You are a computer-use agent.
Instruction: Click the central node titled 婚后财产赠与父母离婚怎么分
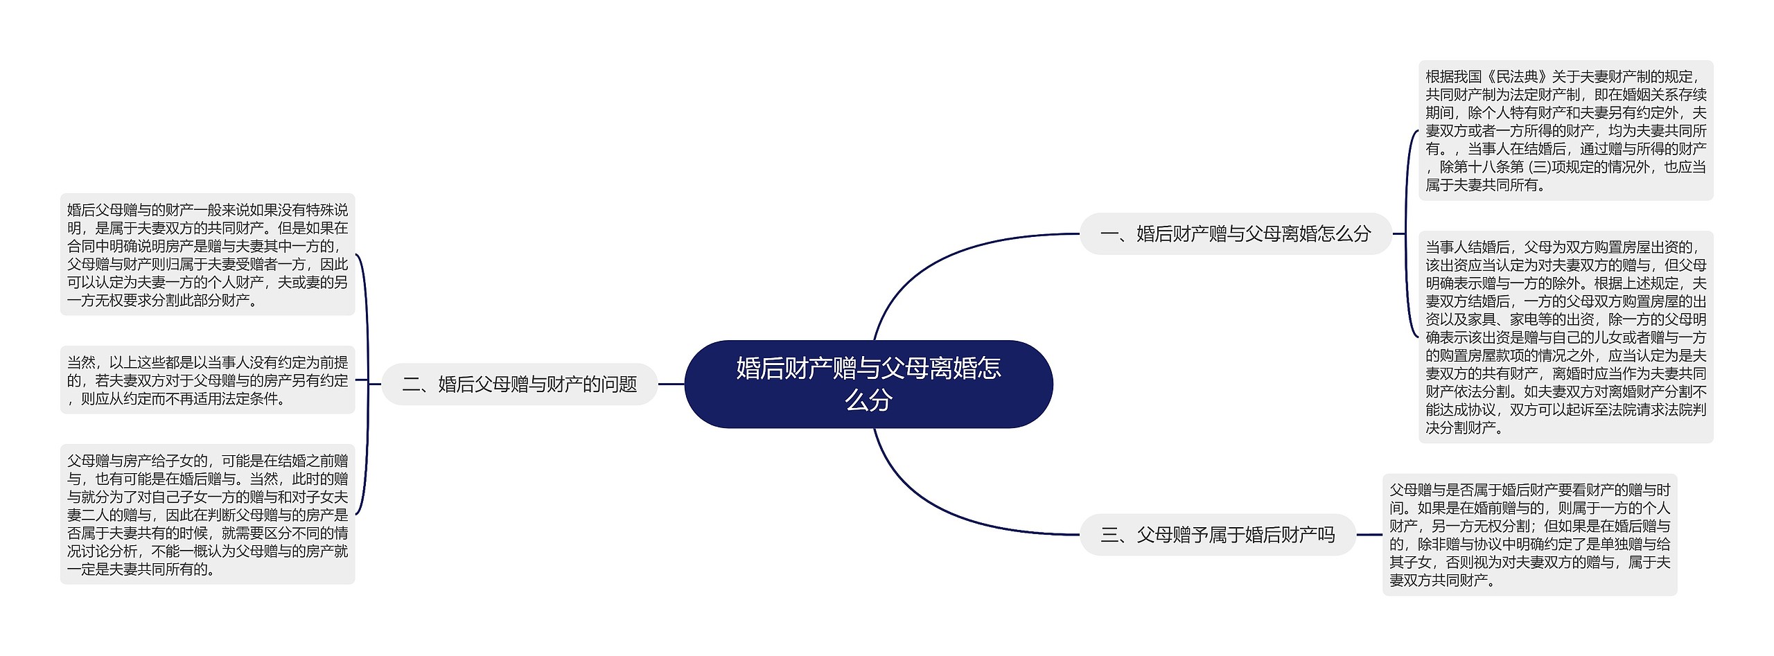(x=868, y=384)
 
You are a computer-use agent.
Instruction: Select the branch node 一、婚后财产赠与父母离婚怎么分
(x=1236, y=234)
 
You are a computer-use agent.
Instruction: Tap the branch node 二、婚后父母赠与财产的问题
(x=519, y=384)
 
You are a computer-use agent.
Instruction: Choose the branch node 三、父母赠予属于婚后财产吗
(x=1218, y=535)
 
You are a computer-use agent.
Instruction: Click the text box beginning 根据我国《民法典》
(x=1565, y=130)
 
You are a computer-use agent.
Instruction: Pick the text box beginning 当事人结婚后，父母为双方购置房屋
(x=1565, y=337)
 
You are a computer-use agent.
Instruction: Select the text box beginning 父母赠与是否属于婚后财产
(x=1529, y=535)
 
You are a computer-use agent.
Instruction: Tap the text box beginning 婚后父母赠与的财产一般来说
(x=207, y=255)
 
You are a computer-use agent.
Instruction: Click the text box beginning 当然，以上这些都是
(x=207, y=380)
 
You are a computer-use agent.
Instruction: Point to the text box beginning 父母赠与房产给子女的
(x=207, y=515)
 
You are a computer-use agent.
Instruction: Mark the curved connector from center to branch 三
(x=936, y=506)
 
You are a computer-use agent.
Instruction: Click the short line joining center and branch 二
(x=671, y=384)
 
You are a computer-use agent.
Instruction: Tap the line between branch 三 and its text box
(x=1369, y=535)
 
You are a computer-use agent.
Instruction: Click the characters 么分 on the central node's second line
(x=868, y=400)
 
